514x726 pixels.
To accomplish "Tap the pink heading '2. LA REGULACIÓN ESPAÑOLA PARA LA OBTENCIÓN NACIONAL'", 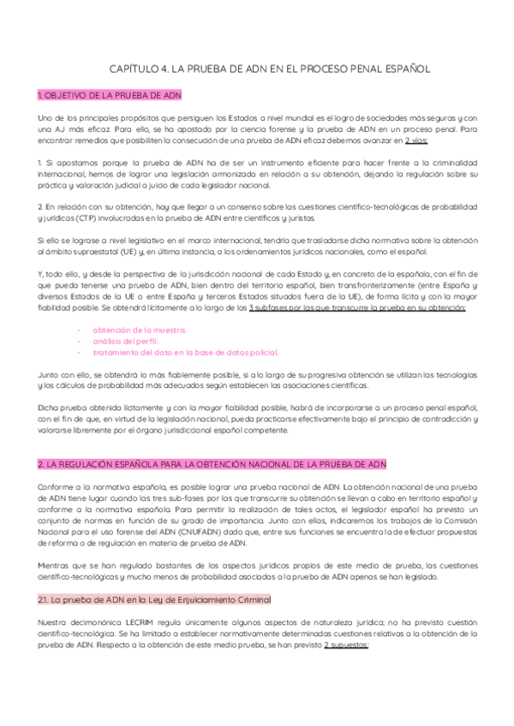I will tap(212, 464).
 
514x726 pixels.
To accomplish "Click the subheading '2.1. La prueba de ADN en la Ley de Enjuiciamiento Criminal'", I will tap(154, 598).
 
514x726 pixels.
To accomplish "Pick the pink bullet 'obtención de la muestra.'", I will tap(139, 330).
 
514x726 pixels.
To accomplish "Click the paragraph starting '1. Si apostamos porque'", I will tap(257, 174).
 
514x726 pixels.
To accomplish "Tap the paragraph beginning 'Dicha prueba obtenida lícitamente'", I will tap(257, 420).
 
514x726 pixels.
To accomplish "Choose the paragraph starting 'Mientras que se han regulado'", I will tap(257, 571).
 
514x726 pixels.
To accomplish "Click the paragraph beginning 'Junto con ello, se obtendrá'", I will tap(257, 380).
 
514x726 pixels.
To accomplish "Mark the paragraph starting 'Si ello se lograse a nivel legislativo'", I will tap(257, 246).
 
